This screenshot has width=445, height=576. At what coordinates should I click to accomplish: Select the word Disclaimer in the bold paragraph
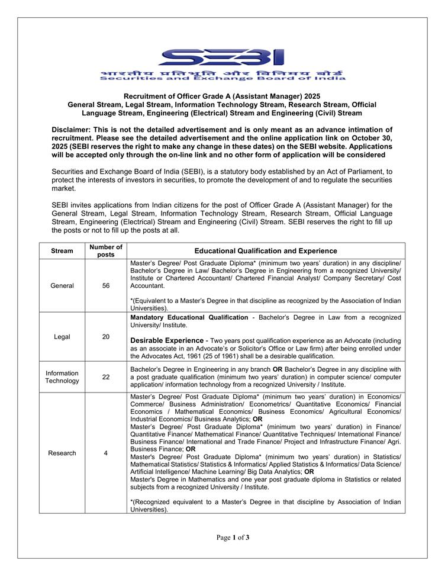[x=72, y=130]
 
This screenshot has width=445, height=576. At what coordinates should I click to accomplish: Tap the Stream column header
[x=62, y=251]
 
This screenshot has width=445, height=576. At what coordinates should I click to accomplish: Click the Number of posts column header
[x=106, y=251]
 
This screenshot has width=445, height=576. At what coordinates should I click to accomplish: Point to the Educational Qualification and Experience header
[x=266, y=251]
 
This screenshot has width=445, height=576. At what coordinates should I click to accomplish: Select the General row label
[x=62, y=285]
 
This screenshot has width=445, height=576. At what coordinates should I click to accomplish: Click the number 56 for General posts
[x=106, y=285]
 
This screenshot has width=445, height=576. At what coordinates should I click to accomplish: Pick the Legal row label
[x=62, y=337]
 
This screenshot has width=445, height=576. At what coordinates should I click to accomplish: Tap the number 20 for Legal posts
[x=106, y=337]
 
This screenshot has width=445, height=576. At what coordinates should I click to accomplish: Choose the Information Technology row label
[x=62, y=377]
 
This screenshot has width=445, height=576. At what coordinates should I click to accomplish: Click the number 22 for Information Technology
[x=106, y=377]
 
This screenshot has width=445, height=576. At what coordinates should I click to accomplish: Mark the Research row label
[x=62, y=453]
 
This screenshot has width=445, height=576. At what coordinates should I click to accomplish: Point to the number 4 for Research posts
[x=106, y=453]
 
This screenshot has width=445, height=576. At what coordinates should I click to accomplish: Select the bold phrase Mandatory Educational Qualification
[x=189, y=317]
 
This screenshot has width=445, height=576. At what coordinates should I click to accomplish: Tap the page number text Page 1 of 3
[x=233, y=538]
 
